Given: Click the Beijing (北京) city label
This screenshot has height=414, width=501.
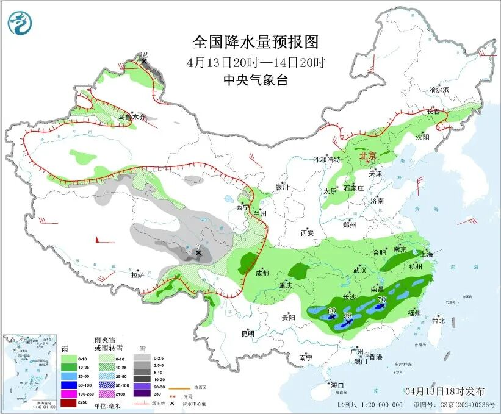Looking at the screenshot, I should pyautogui.click(x=369, y=156).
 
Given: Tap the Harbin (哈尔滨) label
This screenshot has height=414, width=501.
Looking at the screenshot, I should pyautogui.click(x=438, y=90).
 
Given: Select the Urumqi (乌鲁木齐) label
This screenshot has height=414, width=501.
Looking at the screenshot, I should pyautogui.click(x=132, y=116).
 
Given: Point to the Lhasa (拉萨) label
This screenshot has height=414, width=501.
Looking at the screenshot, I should pyautogui.click(x=137, y=275).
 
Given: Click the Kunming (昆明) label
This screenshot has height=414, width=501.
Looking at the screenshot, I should pyautogui.click(x=247, y=334).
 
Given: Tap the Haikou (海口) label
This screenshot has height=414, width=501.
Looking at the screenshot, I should pyautogui.click(x=337, y=385).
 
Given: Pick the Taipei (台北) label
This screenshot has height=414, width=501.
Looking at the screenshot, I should pyautogui.click(x=438, y=320).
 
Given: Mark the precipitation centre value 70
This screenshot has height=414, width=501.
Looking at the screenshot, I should pyautogui.click(x=382, y=300).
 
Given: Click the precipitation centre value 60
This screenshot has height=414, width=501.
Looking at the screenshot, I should pyautogui.click(x=332, y=310).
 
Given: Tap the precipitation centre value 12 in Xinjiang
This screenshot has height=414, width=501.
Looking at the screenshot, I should pyautogui.click(x=144, y=55).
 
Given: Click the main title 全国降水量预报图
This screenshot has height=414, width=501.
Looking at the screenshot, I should pyautogui.click(x=256, y=42).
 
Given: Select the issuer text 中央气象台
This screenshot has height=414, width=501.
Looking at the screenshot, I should pyautogui.click(x=255, y=80).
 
